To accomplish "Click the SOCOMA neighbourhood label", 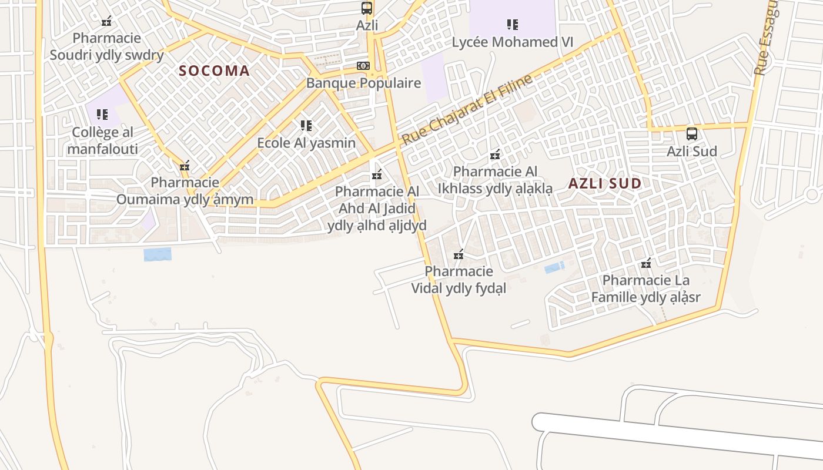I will click(x=215, y=71).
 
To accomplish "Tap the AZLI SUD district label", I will click(x=605, y=183).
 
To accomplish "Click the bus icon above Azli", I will click(x=367, y=8).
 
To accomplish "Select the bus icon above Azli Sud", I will click(x=692, y=133).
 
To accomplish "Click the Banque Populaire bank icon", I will click(x=363, y=66).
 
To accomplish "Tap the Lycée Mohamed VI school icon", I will click(x=513, y=25).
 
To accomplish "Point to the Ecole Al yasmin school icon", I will click(x=306, y=125).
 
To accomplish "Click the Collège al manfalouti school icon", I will click(x=102, y=115).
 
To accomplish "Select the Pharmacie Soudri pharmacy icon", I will click(x=106, y=22).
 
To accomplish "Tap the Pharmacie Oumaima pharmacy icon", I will click(x=185, y=166).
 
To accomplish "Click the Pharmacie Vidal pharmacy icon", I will click(x=459, y=255).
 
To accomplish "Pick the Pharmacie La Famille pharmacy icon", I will click(x=646, y=263).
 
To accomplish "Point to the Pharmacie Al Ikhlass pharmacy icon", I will click(x=495, y=155).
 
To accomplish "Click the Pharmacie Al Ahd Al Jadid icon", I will click(x=377, y=175).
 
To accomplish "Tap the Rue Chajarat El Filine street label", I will click(x=467, y=110).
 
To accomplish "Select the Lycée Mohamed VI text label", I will click(x=512, y=42).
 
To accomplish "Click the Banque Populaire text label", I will click(x=363, y=83).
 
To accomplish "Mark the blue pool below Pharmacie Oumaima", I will click(x=158, y=254).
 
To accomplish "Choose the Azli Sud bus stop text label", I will click(x=692, y=151).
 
